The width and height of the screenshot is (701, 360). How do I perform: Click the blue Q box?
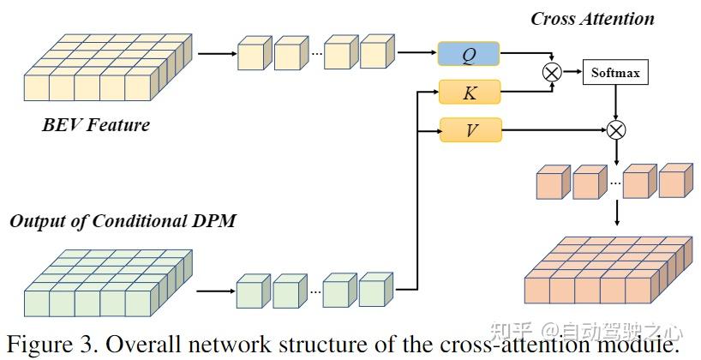coord(469,54)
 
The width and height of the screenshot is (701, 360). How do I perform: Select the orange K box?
coord(470,92)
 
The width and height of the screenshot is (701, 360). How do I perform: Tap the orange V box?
coord(470,130)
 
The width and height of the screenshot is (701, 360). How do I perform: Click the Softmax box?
coord(615,72)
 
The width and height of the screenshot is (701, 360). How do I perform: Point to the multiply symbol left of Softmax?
coord(552,72)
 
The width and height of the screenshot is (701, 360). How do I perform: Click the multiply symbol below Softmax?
coord(616,130)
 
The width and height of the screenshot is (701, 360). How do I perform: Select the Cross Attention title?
coord(592,19)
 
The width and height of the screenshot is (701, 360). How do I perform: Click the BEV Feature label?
coord(96,124)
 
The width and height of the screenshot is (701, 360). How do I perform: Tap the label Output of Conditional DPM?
coord(123,221)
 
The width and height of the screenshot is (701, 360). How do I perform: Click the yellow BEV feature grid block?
coord(108,67)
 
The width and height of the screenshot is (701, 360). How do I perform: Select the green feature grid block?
coord(108,283)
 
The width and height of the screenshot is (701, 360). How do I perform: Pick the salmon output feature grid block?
coord(608,270)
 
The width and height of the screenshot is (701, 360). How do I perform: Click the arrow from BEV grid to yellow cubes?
coord(217,54)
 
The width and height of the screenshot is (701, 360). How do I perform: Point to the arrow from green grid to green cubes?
coord(216,291)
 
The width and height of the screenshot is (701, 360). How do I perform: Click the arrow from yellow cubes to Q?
coord(417,52)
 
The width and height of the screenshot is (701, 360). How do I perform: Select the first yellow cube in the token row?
coord(255,53)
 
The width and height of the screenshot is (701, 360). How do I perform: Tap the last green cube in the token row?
coord(376,290)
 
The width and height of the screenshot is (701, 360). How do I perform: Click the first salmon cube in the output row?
coord(554,182)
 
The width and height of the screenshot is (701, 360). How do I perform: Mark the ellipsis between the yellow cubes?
coord(317,54)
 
